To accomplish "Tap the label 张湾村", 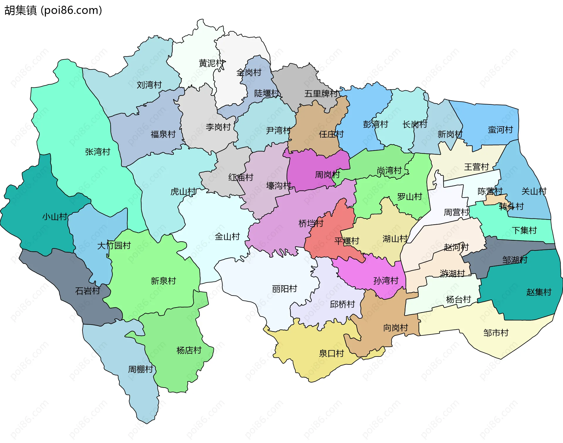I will (98, 152).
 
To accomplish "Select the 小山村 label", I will (55, 217).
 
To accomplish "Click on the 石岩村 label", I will (88, 291).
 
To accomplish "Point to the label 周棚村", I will (140, 369).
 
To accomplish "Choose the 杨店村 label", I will (189, 350).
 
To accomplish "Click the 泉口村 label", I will (331, 353).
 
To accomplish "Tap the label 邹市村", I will (496, 333).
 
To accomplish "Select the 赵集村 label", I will (539, 292).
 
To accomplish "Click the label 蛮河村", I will (500, 130).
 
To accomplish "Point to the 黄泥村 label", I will (211, 63).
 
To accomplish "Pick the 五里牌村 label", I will (321, 94).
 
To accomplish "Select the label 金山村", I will (227, 237).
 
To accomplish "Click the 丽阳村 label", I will (284, 289).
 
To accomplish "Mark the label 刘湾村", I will (149, 85).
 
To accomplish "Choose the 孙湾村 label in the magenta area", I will (386, 281).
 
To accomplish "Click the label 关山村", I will (534, 191).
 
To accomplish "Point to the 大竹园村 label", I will (114, 245).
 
